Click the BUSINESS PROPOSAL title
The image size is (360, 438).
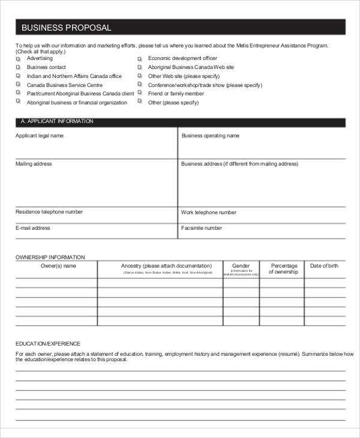click(66, 28)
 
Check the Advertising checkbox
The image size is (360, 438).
click(18, 59)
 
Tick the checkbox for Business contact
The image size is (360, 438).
click(18, 68)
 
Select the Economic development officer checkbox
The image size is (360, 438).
click(139, 59)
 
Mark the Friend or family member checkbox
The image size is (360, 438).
click(139, 94)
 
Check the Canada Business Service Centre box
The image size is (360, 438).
click(18, 85)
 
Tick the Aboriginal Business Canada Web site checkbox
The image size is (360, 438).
click(139, 68)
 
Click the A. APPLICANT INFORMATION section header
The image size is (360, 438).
click(57, 122)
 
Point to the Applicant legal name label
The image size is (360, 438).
click(40, 136)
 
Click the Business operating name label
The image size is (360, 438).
click(211, 136)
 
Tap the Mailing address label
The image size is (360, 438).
click(34, 164)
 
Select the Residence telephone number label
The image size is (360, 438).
click(49, 212)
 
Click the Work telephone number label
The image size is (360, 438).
click(209, 212)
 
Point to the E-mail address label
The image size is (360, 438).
click(33, 228)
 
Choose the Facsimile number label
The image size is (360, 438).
click(202, 228)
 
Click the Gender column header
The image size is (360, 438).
click(241, 265)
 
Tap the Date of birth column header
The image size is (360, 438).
click(324, 265)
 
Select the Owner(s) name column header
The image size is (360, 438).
click(58, 265)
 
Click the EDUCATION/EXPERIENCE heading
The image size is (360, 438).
click(48, 344)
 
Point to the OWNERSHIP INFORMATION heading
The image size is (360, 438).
click(50, 257)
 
